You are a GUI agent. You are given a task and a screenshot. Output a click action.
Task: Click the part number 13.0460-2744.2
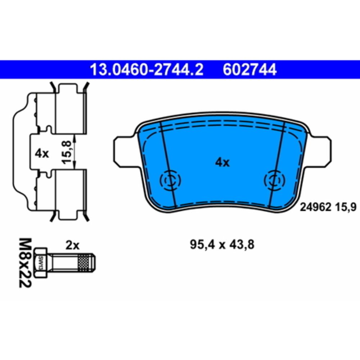(x=147, y=69)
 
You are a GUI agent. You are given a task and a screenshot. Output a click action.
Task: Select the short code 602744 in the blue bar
(x=249, y=69)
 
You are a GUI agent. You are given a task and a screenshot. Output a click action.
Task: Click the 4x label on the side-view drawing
(x=42, y=153)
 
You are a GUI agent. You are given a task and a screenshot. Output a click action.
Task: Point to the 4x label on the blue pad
(x=222, y=163)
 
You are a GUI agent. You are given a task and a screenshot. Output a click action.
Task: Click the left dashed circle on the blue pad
(x=170, y=180)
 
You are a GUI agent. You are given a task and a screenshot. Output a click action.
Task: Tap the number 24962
(x=316, y=208)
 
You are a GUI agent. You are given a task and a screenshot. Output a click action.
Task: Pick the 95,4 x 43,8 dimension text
(x=222, y=245)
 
